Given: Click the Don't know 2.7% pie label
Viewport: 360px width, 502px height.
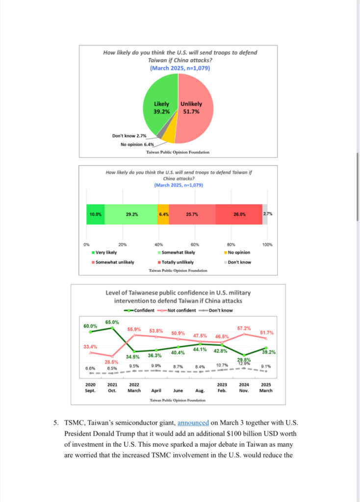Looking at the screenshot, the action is point(129,136).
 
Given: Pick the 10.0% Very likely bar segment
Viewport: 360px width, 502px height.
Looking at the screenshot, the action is point(96,214).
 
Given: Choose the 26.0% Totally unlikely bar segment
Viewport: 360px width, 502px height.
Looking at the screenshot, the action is point(239,214).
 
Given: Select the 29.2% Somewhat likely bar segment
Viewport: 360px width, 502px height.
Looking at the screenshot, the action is point(131,214).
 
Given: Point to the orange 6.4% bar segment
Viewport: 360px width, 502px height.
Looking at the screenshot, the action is point(163,214).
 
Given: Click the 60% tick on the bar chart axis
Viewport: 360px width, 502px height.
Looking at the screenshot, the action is point(195,245).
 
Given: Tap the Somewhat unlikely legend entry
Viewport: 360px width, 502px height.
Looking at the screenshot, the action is point(113,262).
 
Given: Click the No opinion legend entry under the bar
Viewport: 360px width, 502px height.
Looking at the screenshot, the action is point(237,252).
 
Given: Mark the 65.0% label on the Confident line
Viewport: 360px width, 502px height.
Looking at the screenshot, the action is point(112,322).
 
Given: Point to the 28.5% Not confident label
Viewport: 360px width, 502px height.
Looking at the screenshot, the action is point(111,362).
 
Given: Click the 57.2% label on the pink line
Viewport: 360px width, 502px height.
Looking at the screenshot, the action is point(244,328).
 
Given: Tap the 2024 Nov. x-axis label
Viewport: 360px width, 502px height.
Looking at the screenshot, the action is point(244,388).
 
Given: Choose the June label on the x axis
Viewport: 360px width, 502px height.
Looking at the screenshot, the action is point(178,391).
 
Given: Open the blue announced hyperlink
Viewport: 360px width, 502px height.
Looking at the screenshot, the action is point(193,423).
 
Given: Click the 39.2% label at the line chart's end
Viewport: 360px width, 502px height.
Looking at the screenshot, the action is point(269,352).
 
